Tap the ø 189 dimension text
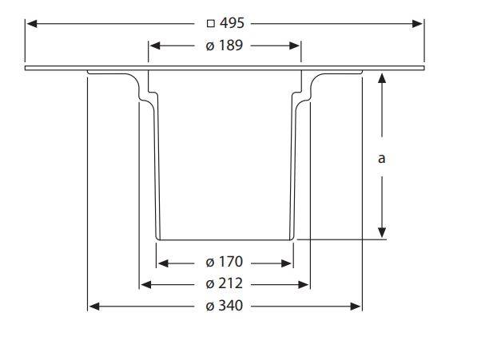click(x=224, y=45)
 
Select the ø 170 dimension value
click(x=224, y=262)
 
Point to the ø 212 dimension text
click(x=224, y=283)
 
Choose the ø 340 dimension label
click(x=224, y=306)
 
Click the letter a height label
click(x=382, y=158)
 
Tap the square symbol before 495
click(x=210, y=24)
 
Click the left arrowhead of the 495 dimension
click(x=31, y=23)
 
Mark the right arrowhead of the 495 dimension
click(x=418, y=23)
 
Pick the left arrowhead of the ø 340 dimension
click(x=93, y=306)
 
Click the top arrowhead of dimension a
click(x=382, y=77)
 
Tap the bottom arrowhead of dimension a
click(x=382, y=232)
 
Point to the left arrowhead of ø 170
click(x=163, y=262)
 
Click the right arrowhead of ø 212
click(x=304, y=283)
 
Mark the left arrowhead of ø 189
click(x=154, y=45)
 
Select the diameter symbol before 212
click(x=209, y=283)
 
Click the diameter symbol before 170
click(x=209, y=262)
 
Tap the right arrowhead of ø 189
click(x=295, y=45)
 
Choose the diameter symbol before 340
click(x=209, y=306)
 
